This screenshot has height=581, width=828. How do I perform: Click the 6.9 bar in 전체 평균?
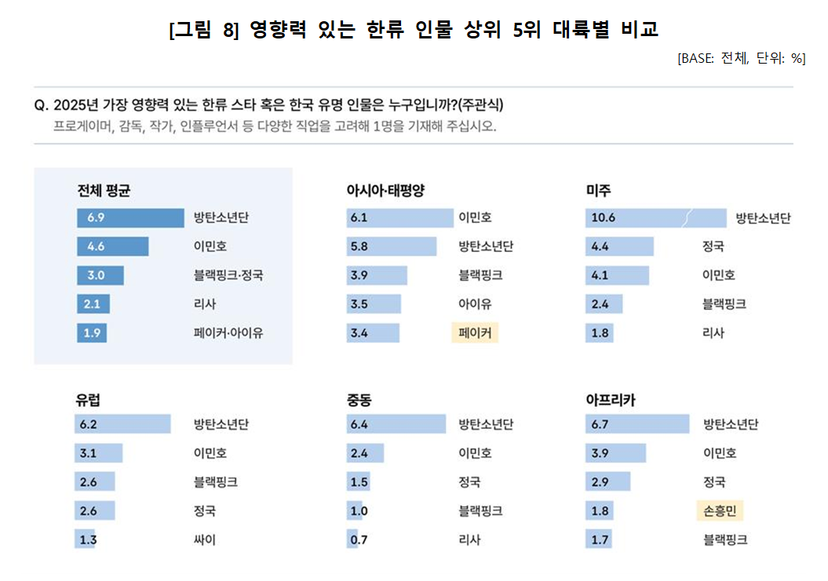tap(129, 217)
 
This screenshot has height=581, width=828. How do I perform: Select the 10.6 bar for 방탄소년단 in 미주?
tap(655, 217)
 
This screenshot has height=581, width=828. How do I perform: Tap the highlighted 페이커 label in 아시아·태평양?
tap(475, 333)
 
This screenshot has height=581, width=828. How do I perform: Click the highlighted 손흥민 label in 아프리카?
tap(719, 511)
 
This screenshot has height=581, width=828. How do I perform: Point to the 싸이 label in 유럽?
tap(205, 539)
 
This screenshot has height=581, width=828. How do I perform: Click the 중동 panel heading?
tap(359, 400)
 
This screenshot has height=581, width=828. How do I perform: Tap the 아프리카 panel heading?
tap(610, 400)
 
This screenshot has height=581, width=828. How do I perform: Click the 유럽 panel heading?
tap(88, 400)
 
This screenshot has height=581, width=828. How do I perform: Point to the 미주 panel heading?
tap(598, 191)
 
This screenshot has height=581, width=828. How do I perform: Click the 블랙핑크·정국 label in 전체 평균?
tap(228, 276)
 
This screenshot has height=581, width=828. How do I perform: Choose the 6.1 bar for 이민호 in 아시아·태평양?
tap(399, 217)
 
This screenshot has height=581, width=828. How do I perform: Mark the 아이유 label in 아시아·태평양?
tap(475, 304)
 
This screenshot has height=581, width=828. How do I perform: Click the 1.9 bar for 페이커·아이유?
tap(92, 333)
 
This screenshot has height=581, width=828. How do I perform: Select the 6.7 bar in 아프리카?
tap(637, 425)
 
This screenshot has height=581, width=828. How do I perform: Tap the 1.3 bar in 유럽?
tap(86, 539)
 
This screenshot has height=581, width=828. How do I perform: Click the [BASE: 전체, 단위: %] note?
tap(741, 58)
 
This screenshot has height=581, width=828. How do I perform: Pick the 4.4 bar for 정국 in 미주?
tap(619, 247)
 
